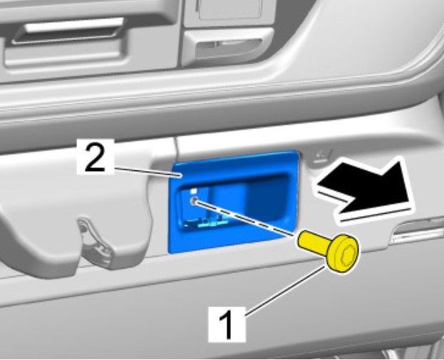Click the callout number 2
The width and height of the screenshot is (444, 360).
coord(95,158)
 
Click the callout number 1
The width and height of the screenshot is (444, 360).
coord(227,324)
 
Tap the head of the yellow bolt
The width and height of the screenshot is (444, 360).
coord(343,252)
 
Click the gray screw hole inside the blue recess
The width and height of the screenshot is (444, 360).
coord(195,200)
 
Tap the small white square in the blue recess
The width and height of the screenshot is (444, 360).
coord(194,191)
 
